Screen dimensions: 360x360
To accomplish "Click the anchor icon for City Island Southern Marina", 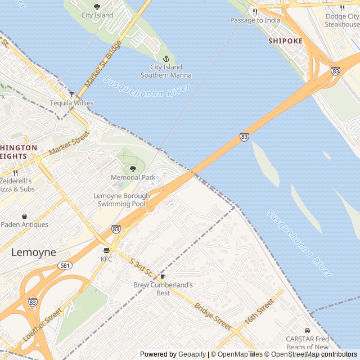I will [166, 58].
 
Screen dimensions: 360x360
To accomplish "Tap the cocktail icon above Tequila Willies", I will [71, 94].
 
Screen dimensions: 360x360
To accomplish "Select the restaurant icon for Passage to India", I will [255, 11].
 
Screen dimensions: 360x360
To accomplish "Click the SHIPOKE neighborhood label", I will [285, 41].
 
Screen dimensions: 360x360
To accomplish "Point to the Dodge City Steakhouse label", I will [342, 20].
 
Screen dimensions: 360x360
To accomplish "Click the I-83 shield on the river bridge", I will [244, 137].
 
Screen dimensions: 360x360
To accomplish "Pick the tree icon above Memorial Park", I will [133, 168].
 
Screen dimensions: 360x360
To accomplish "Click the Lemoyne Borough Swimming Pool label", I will [121, 200].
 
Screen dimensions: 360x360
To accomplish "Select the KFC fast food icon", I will [107, 250].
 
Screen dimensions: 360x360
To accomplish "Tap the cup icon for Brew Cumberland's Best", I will [163, 276].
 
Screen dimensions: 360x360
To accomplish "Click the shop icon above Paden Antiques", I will [24, 215].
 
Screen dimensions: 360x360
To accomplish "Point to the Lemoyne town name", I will [34, 253].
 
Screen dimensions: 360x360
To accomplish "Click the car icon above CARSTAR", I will [307, 330].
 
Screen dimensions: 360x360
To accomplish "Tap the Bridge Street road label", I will [213, 316].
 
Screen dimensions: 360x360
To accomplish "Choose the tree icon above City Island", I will [97, 7].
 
